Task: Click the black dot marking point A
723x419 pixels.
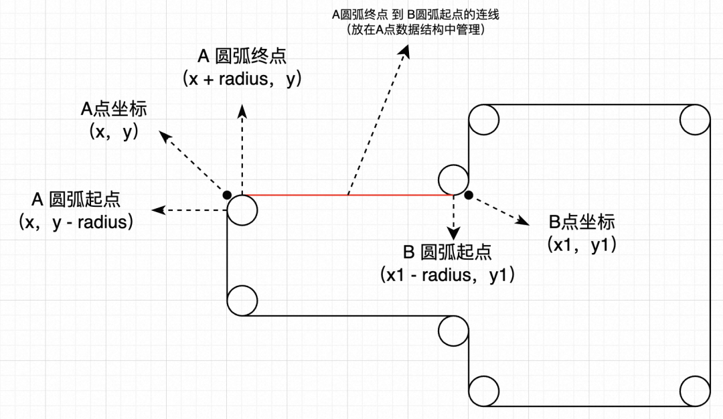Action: click(x=228, y=195)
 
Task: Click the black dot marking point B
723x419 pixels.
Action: click(x=469, y=195)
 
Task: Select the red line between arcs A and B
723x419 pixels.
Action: click(x=348, y=195)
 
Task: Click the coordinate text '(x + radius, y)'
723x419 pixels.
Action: click(x=242, y=79)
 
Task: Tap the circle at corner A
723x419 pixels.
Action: click(x=242, y=209)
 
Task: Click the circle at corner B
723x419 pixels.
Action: click(x=453, y=179)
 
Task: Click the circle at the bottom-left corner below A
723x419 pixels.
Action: click(x=242, y=301)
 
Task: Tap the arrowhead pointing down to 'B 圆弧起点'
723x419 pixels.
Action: click(x=454, y=234)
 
